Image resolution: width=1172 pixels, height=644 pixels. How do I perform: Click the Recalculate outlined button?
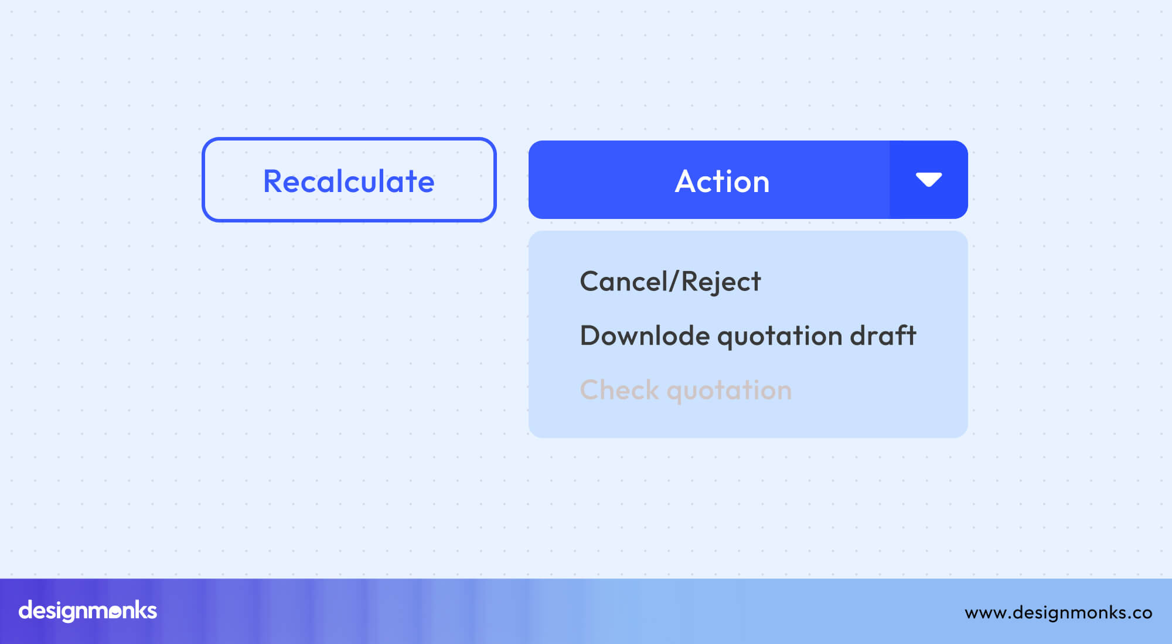349,180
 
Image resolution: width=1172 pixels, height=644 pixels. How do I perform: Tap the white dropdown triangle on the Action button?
928,179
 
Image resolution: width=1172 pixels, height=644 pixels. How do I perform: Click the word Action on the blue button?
722,181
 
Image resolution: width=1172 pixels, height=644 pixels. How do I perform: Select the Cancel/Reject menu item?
670,282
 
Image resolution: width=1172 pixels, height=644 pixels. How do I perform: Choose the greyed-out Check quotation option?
686,390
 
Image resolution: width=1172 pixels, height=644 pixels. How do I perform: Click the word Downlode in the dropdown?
645,335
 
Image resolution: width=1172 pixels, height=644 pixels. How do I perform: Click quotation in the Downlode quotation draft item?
779,337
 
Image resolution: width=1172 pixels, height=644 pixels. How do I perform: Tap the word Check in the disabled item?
619,390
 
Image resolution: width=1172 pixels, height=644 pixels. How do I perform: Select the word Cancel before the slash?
623,282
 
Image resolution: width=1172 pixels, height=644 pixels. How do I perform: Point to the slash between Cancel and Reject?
673,282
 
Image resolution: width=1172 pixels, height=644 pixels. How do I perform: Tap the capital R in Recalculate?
273,181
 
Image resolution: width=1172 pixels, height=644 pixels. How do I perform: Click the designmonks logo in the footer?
88,611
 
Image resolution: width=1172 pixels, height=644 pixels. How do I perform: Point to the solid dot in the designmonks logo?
115,612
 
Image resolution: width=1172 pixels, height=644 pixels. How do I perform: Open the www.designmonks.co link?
1058,612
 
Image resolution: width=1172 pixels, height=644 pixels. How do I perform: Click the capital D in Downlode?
590,335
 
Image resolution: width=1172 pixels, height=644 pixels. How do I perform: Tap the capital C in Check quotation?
590,390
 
